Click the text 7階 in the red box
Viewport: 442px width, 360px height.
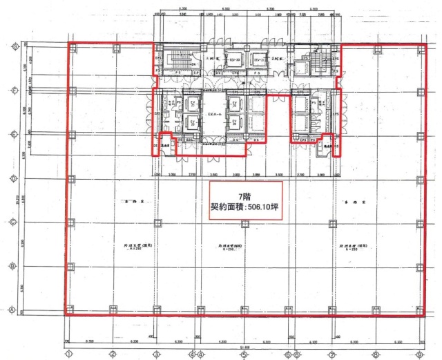245,196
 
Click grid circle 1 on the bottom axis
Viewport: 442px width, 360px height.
68,354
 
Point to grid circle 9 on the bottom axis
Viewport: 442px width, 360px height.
419,354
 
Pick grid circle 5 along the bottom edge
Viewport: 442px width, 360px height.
244,354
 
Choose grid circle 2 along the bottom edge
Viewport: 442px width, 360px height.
112,354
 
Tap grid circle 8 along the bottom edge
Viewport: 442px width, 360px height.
376,354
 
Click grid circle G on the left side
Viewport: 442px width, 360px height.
15,46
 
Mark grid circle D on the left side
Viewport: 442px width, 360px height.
15,178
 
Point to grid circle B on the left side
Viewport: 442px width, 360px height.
15,265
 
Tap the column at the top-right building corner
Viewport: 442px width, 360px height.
419,47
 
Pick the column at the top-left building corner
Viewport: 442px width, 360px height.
69,47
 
